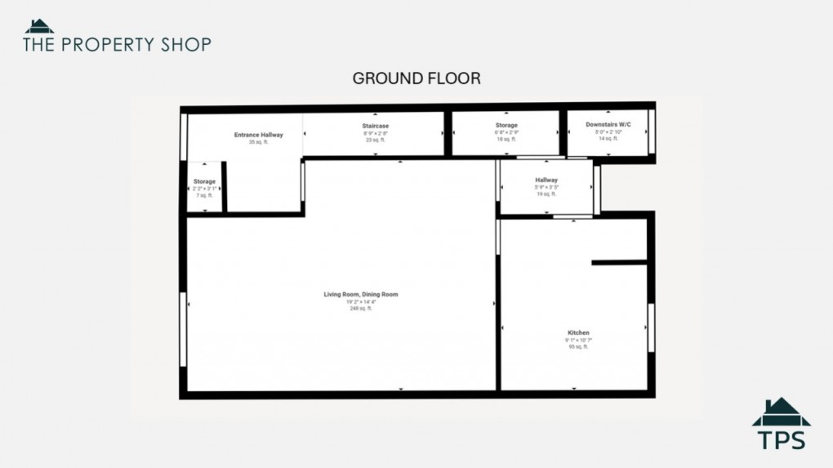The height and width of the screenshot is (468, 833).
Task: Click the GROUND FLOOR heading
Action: [416, 78]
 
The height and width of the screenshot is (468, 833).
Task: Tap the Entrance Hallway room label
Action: [258, 135]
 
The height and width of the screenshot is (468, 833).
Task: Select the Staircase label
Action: [375, 126]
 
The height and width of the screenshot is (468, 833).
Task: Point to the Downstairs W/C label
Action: [608, 124]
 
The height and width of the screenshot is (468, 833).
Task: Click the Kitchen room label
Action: [578, 332]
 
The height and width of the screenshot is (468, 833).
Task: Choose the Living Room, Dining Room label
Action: [360, 294]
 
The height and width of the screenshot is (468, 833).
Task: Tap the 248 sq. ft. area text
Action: [360, 309]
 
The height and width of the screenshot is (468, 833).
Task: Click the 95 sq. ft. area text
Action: [578, 347]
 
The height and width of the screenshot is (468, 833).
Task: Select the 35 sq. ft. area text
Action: [258, 142]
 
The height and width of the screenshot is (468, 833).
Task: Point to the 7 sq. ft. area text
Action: [204, 195]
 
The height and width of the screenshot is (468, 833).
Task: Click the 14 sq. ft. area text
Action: [608, 139]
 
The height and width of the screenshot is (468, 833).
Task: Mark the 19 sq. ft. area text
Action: [546, 194]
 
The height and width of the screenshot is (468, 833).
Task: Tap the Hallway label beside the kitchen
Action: [546, 180]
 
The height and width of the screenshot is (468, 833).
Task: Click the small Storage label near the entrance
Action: [204, 181]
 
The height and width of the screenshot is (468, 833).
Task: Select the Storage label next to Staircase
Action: [506, 125]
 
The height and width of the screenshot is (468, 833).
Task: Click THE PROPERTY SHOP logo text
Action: [117, 44]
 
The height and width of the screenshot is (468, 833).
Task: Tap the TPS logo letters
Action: [782, 439]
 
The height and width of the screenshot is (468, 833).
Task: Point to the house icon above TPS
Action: [782, 412]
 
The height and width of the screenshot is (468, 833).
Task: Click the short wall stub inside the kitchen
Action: [619, 262]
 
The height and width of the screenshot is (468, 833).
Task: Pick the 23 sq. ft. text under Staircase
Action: [375, 140]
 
